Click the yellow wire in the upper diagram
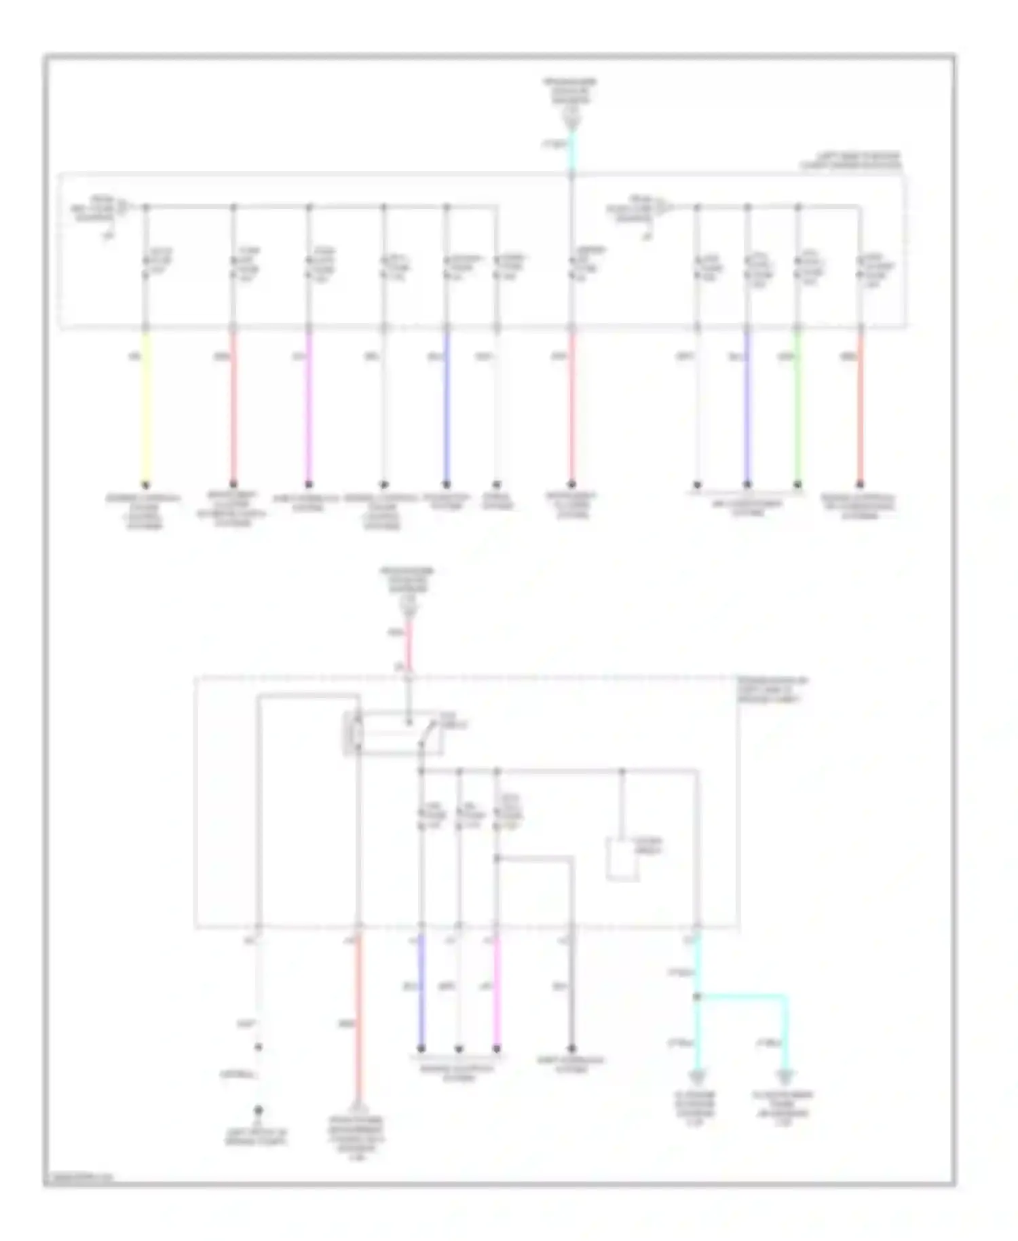pos(145,407)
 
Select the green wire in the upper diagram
pos(797,407)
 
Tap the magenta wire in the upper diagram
pos(309,407)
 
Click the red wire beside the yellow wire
pos(233,407)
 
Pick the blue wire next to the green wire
pos(747,407)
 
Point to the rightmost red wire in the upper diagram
pos(860,407)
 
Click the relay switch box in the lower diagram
pos(394,733)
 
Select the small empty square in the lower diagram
pos(622,859)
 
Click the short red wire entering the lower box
pos(409,645)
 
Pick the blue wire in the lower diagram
pos(421,991)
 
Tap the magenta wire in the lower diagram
pos(497,991)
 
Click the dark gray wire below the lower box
pos(572,991)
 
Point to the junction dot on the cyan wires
pos(697,997)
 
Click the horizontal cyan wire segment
pos(743,997)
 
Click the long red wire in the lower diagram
pos(358,1018)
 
